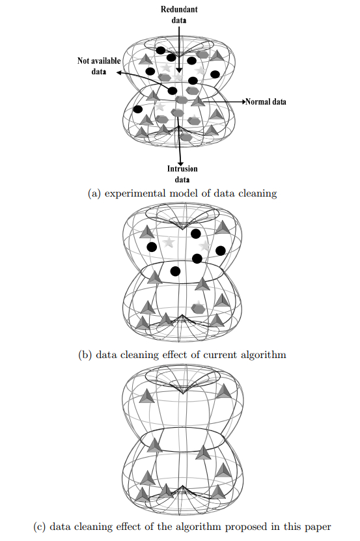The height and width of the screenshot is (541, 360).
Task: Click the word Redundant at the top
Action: (179, 10)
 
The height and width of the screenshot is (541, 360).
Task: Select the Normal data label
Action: (270, 102)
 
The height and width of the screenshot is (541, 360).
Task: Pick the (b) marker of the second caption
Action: (84, 355)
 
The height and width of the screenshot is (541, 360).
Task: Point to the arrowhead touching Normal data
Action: (246, 102)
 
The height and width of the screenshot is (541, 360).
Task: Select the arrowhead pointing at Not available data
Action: (120, 74)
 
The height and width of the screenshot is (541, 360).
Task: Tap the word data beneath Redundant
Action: (179, 20)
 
